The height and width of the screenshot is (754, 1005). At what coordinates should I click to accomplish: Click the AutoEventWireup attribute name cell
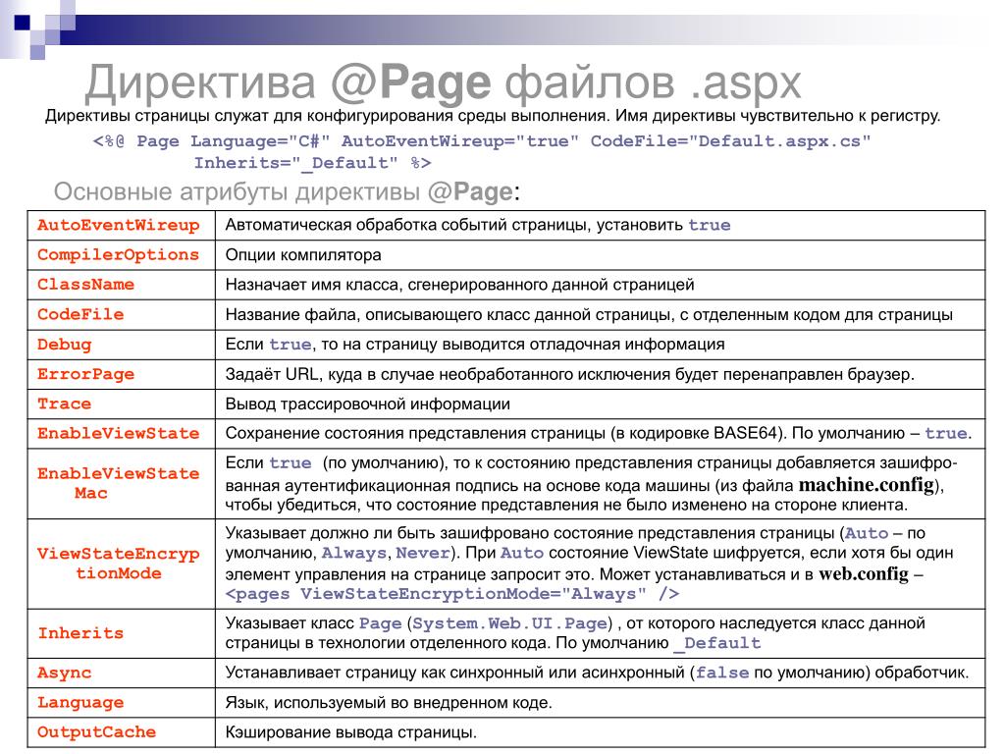pyautogui.click(x=118, y=225)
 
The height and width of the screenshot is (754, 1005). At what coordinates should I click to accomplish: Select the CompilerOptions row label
pyautogui.click(x=118, y=254)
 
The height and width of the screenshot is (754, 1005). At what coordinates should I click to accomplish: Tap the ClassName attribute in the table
pyautogui.click(x=85, y=285)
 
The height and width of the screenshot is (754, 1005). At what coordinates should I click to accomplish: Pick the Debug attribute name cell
pyautogui.click(x=64, y=345)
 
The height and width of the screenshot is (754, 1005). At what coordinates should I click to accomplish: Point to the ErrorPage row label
pyautogui.click(x=85, y=374)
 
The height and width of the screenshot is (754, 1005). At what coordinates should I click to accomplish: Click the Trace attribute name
pyautogui.click(x=64, y=404)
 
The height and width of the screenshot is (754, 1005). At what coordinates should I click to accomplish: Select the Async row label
pyautogui.click(x=64, y=673)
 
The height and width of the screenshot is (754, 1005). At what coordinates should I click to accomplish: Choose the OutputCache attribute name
pyautogui.click(x=96, y=732)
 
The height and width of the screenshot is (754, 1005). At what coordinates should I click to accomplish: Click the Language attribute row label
pyautogui.click(x=80, y=703)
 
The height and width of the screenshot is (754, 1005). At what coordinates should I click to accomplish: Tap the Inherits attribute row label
pyautogui.click(x=80, y=633)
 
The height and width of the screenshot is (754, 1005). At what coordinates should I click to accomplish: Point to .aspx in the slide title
pyautogui.click(x=745, y=83)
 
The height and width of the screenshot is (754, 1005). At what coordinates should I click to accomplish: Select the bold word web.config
pyautogui.click(x=864, y=574)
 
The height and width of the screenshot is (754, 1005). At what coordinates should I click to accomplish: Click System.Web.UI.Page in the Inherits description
pyautogui.click(x=510, y=623)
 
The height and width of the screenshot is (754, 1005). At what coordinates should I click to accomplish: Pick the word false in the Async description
pyautogui.click(x=722, y=673)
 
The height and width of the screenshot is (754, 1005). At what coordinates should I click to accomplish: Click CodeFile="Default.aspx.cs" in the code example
pyautogui.click(x=730, y=141)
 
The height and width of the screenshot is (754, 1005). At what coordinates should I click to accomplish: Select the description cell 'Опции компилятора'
pyautogui.click(x=303, y=255)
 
